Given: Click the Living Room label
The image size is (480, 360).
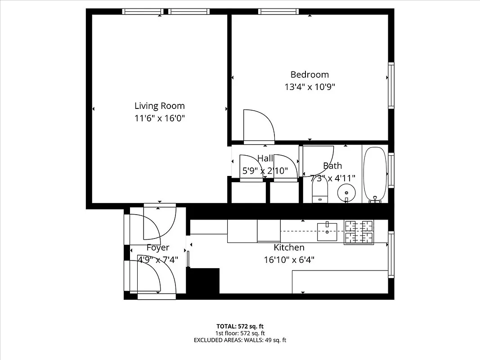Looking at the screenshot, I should [159, 106].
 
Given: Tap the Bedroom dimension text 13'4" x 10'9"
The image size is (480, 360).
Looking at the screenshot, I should [310, 87].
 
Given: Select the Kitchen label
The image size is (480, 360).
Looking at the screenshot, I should [289, 247].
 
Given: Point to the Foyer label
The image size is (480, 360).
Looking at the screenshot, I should [158, 247].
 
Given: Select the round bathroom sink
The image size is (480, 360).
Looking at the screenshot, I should [346, 192].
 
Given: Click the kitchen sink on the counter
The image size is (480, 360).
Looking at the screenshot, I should [327, 232].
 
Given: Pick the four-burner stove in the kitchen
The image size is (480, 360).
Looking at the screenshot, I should [359, 232].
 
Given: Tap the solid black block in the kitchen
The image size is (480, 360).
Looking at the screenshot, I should [203, 281].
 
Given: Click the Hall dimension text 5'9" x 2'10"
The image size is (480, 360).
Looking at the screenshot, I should [265, 171].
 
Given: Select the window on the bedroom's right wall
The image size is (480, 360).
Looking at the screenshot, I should [391, 85].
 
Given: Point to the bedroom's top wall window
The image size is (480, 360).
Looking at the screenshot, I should [278, 12].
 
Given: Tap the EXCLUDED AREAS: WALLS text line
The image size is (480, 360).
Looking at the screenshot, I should [240, 340].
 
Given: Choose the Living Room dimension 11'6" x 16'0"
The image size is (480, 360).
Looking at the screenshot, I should [159, 118].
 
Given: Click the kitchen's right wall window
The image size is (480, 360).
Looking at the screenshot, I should [391, 254].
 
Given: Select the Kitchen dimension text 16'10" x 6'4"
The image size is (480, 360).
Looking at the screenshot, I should [289, 260].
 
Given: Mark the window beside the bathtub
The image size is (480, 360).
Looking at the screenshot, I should [391, 170].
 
